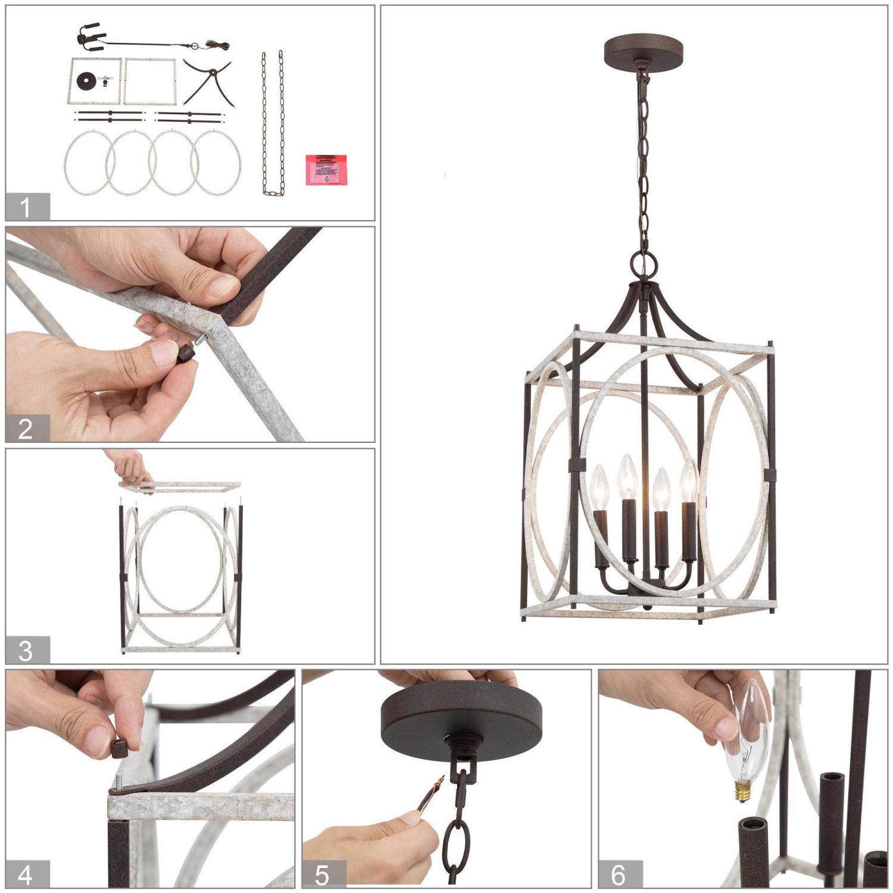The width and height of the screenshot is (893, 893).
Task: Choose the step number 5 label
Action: [323, 874]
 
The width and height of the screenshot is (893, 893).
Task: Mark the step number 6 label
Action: [620, 874]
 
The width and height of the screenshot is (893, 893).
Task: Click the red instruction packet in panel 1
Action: [326, 170]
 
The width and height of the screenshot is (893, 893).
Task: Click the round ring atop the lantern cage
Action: [644, 263]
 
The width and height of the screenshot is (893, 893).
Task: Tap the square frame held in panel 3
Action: [182, 487]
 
